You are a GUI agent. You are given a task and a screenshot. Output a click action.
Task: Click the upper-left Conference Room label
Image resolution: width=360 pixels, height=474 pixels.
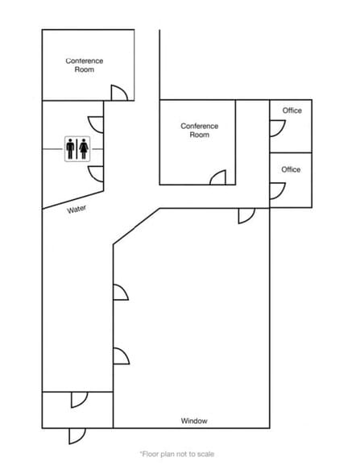click(x=85, y=65)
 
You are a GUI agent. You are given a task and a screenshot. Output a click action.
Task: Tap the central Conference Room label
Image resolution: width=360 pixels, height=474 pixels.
click(x=200, y=131)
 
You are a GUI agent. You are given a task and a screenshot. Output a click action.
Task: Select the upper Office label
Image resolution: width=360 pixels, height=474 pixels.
click(x=292, y=110)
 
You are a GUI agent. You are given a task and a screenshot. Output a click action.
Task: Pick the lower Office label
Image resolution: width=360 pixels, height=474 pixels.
click(x=291, y=169)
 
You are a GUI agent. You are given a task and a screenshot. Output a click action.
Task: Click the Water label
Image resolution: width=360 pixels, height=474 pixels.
click(x=77, y=210)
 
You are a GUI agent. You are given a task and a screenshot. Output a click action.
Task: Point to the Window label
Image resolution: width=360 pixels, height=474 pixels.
click(x=194, y=421)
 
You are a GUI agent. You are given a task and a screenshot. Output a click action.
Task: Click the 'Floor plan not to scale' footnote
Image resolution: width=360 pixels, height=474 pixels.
click(x=177, y=454)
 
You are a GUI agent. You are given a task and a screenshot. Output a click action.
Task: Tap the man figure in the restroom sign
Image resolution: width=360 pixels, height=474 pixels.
click(x=70, y=149)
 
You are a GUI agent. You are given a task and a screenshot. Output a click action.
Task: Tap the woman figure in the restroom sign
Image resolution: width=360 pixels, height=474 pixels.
click(x=84, y=149)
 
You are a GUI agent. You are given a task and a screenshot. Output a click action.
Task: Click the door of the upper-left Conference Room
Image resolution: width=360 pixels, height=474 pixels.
click(x=119, y=93)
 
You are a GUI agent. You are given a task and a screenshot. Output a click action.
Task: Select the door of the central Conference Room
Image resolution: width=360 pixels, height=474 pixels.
click(x=218, y=177)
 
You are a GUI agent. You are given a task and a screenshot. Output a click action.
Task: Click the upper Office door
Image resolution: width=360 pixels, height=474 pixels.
click(x=278, y=128)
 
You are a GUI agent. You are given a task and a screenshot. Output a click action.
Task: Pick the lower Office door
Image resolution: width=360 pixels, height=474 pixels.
click(x=278, y=191)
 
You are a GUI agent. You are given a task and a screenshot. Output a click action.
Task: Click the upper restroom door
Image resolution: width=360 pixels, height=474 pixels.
click(x=95, y=124)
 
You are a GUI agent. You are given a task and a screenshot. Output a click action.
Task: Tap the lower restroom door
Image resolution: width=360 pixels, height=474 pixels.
click(x=95, y=174)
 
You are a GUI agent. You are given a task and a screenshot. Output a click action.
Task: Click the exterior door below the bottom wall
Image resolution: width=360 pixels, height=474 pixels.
click(x=77, y=436)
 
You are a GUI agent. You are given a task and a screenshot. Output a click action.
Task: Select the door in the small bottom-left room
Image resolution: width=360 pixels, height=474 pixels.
click(x=80, y=400)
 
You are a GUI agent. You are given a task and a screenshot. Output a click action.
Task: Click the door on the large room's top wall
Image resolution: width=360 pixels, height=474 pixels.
click(x=246, y=216)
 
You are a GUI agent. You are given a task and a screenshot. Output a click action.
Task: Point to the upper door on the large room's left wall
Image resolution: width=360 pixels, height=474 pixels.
click(x=121, y=293)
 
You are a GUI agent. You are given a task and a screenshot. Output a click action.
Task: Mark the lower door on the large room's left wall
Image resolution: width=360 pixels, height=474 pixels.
click(x=122, y=356)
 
